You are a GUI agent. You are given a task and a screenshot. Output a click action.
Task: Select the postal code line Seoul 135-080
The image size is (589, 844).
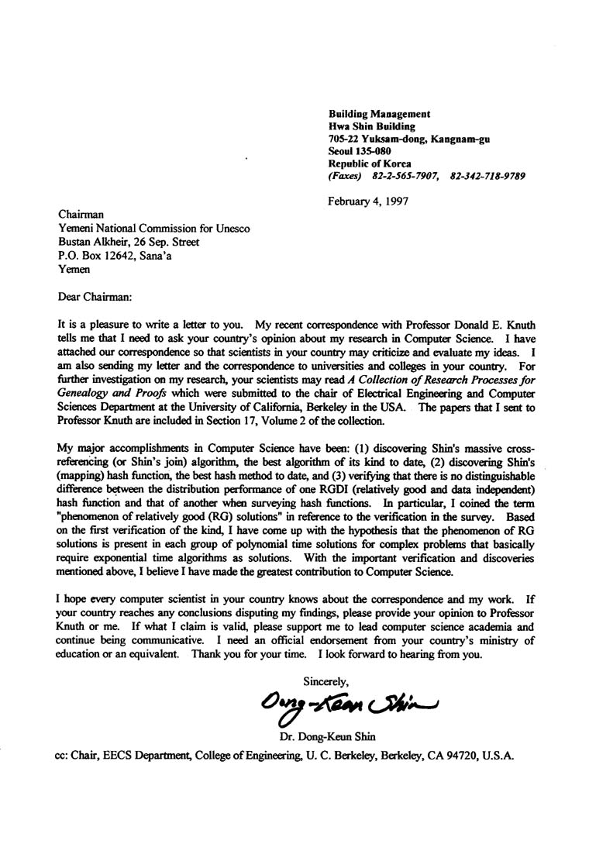[360, 151]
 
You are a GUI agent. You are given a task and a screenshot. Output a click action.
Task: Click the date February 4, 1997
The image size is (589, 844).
[369, 201]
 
